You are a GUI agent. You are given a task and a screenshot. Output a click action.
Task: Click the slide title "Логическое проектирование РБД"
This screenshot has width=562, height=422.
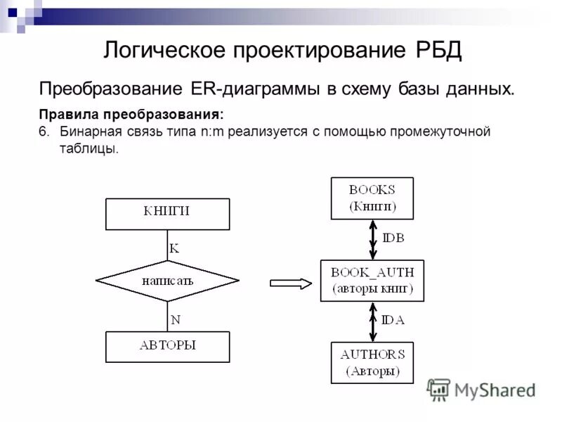[282, 50]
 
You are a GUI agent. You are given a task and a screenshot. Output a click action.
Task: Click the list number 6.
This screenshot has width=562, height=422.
[44, 132]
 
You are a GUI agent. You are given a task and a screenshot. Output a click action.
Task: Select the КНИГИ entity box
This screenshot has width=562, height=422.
[167, 214]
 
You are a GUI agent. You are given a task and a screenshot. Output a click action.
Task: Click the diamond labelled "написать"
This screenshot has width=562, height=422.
[167, 281]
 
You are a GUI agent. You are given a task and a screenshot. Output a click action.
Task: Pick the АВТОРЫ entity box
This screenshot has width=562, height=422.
[167, 347]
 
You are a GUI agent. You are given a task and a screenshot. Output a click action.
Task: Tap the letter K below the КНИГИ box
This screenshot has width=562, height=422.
[174, 248]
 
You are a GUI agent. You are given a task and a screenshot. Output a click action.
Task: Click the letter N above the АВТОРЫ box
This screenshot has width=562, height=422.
[176, 319]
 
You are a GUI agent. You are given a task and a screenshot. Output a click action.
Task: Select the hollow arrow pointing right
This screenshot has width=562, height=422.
[290, 283]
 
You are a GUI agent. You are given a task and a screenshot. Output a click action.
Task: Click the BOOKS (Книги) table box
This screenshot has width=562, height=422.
[372, 198]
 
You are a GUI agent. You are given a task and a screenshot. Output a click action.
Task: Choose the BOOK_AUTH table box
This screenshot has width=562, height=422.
[372, 281]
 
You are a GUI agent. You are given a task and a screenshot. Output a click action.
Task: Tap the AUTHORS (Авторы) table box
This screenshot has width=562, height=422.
[372, 363]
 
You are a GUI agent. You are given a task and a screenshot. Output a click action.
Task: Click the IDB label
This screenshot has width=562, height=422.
[393, 238]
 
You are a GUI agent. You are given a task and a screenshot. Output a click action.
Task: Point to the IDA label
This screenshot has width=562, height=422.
[393, 320]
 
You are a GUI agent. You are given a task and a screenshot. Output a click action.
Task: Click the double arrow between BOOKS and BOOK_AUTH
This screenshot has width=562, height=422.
[373, 239]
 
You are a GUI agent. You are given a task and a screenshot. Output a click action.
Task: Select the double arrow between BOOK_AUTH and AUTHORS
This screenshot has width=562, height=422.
[373, 322]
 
